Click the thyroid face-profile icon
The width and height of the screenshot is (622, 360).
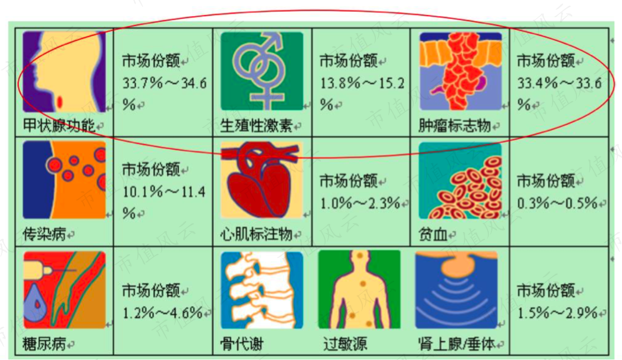[x=64, y=71]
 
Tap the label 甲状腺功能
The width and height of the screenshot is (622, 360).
[x=59, y=125]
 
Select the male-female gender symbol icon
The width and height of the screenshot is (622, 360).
[x=262, y=71]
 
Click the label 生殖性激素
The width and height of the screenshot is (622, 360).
[x=256, y=125]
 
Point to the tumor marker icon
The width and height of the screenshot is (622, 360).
[x=461, y=71]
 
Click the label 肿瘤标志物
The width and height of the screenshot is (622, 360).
[x=455, y=125]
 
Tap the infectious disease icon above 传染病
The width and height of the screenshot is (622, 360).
[x=64, y=180]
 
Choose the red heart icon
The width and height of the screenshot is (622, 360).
[x=262, y=180]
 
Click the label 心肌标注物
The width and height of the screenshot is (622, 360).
[x=256, y=234]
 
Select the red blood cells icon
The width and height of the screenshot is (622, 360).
[x=460, y=180]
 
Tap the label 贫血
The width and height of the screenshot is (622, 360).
[x=433, y=235]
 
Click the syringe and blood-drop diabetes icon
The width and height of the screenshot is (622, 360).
[x=64, y=290]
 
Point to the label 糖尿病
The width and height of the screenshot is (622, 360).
[x=45, y=344]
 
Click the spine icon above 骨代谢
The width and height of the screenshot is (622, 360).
[x=262, y=290]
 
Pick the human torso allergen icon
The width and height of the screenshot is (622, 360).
[x=359, y=290]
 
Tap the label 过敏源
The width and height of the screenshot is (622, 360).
[x=345, y=344]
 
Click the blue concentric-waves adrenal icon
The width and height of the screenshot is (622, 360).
[x=456, y=290]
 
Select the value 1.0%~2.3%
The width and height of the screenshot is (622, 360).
[x=360, y=203]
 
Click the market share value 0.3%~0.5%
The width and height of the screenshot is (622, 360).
[x=557, y=203]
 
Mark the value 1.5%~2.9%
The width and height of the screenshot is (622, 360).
[x=557, y=313]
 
